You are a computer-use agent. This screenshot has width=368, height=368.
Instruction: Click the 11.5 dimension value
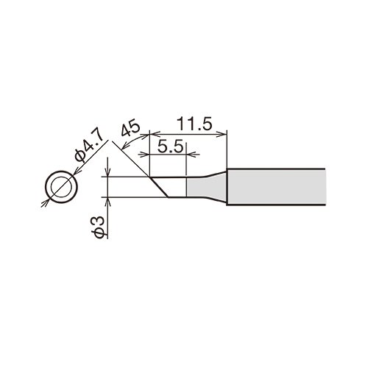194,124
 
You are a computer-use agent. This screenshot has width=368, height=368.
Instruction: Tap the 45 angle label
130,128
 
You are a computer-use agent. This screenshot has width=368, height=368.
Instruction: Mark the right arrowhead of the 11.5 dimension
222,134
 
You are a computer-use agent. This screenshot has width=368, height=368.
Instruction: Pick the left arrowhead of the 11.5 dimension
155,134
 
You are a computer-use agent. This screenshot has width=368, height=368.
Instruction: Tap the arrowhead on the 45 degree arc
125,146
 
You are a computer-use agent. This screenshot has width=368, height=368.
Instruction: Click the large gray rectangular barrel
277,187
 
